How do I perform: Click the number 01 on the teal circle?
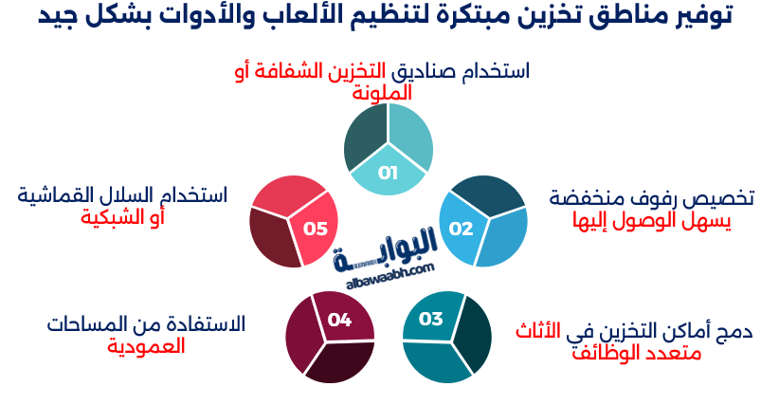click(x=388, y=173)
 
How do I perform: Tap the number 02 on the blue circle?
click(x=461, y=229)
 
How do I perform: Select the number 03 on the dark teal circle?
click(x=431, y=319)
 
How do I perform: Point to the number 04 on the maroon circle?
click(x=339, y=320)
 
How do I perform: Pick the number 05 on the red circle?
click(x=316, y=229)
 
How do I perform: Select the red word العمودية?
click(x=147, y=345)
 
